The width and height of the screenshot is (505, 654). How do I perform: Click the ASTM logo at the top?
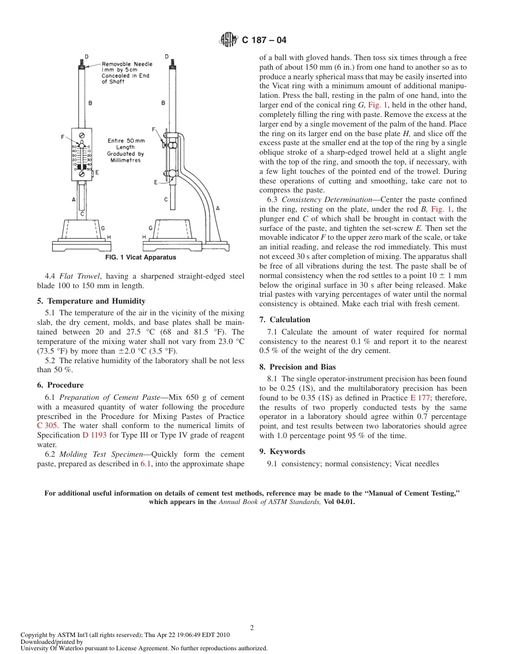(x=228, y=40)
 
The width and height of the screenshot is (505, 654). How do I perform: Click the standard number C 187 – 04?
(x=264, y=40)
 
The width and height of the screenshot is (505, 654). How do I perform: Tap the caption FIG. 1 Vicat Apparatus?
(x=141, y=257)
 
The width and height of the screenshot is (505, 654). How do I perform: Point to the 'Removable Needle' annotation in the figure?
(x=127, y=64)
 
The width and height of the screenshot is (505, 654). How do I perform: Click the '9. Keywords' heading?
(x=282, y=451)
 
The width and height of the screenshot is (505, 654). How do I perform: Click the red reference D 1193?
(x=94, y=435)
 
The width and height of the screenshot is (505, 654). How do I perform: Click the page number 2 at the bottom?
(x=252, y=627)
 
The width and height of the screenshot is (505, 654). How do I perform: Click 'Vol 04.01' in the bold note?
(x=339, y=501)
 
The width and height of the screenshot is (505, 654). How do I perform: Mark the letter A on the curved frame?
(x=217, y=209)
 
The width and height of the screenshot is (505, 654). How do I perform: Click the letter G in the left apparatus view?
(x=103, y=229)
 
